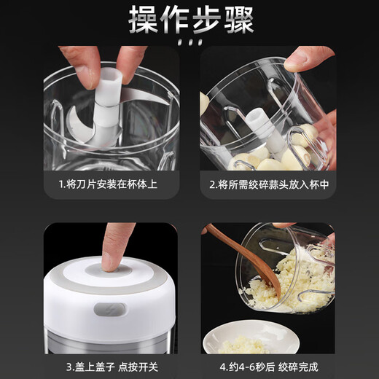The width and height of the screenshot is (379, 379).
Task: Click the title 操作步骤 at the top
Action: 189,20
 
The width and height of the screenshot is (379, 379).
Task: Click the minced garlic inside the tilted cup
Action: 292,281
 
